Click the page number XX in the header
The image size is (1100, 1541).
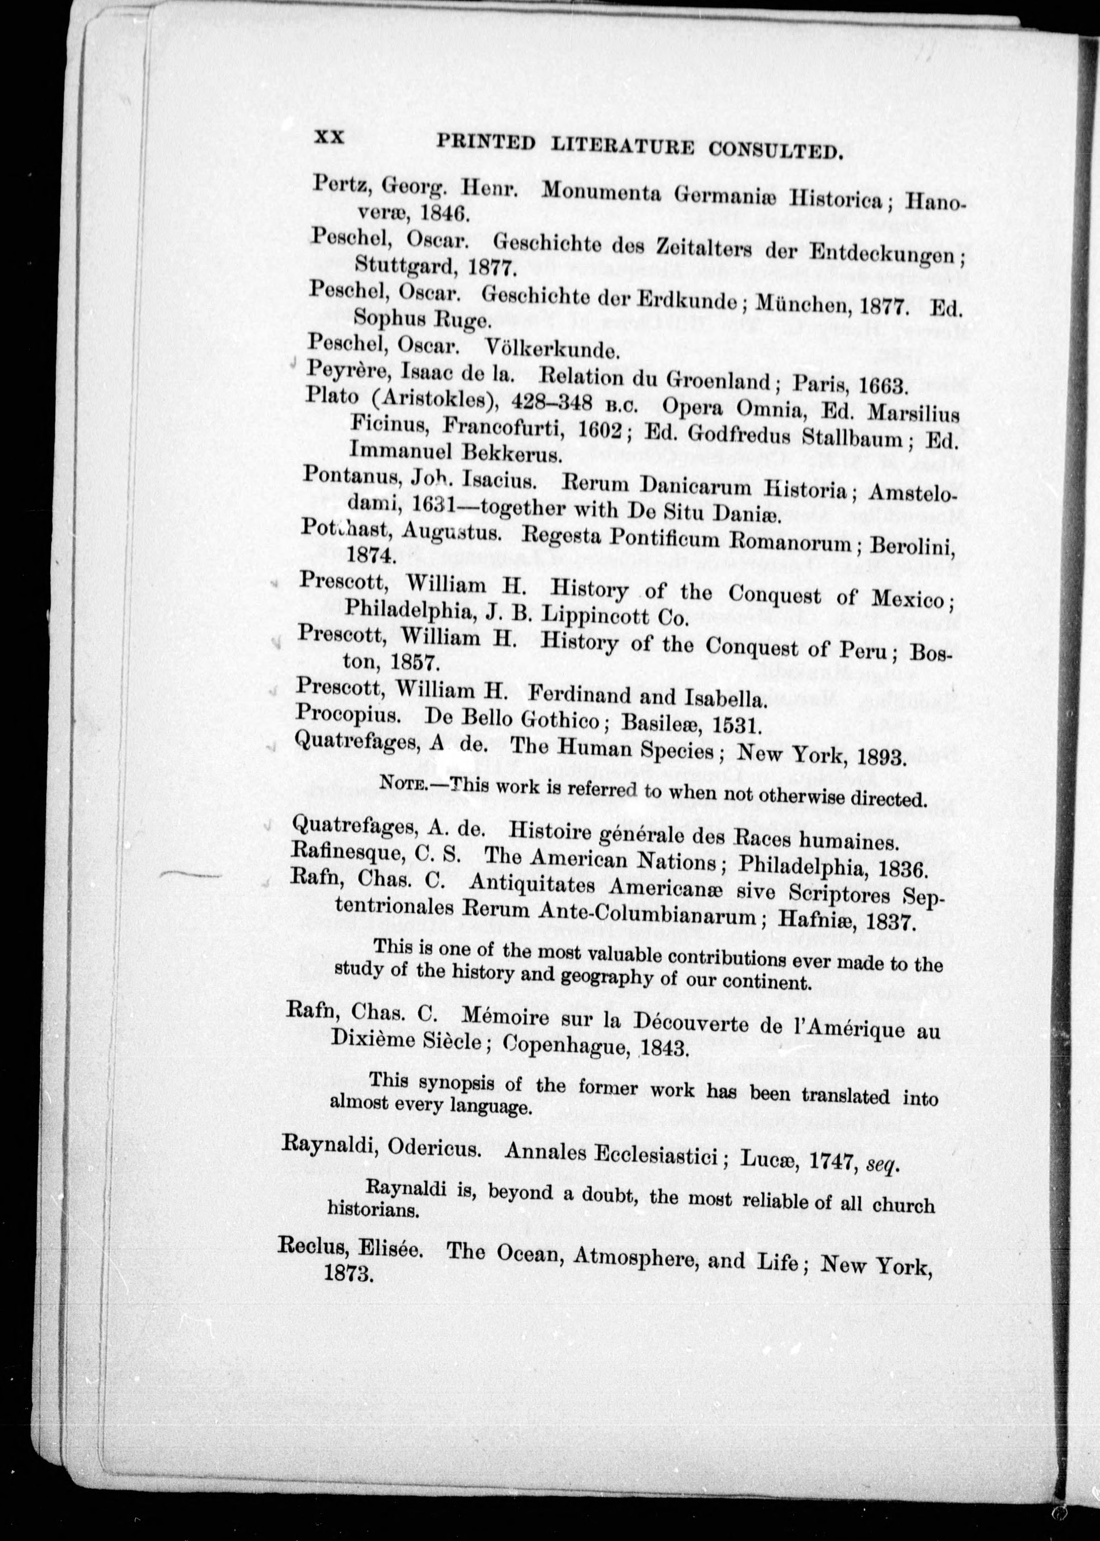coord(329,138)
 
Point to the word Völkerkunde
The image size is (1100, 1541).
coord(551,350)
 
